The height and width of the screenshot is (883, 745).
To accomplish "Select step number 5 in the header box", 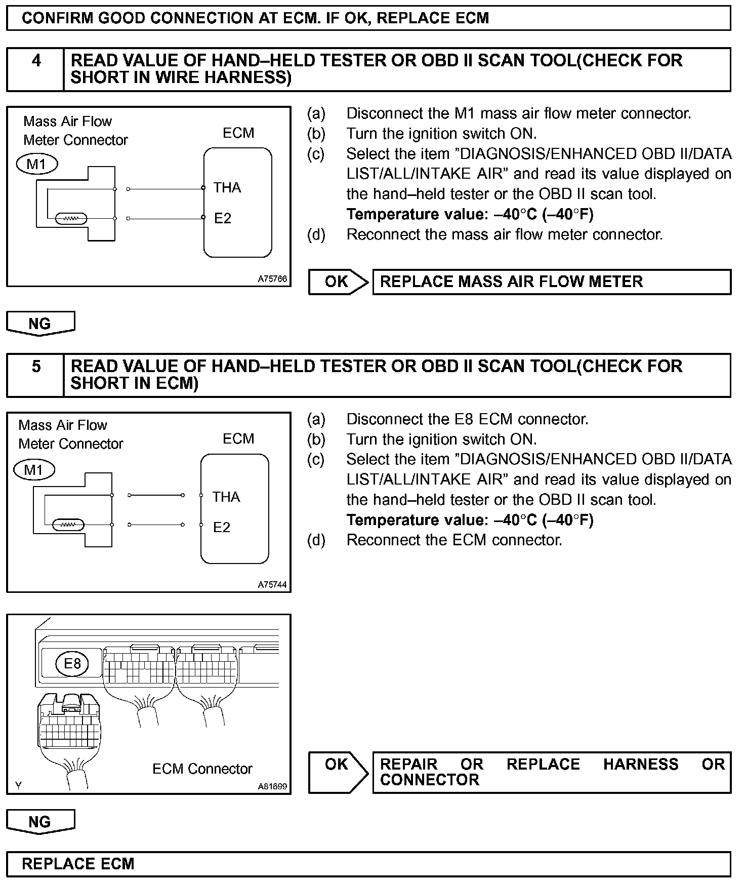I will (x=36, y=367).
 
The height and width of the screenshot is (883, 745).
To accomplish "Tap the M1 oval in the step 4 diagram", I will (x=37, y=164).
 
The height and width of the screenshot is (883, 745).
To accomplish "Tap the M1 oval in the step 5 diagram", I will (x=33, y=470).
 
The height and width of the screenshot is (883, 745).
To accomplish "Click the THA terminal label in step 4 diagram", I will (x=227, y=188).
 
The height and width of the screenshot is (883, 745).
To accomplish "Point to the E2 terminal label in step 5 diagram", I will (x=222, y=528).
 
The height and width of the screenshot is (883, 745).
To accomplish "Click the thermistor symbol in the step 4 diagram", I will (x=71, y=219).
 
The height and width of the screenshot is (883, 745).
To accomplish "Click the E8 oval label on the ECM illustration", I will (x=72, y=663).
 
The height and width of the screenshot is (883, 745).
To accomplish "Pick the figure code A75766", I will (x=272, y=279).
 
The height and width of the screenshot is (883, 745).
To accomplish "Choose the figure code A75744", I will (x=272, y=585).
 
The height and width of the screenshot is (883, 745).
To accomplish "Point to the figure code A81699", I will (x=272, y=786).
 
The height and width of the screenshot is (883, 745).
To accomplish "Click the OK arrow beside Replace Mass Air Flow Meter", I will (x=338, y=282).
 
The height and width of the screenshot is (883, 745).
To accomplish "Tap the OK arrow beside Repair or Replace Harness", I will (x=338, y=764).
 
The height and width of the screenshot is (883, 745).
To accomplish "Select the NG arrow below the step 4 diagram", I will (x=40, y=324).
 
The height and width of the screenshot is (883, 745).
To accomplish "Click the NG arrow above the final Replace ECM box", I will (x=40, y=822).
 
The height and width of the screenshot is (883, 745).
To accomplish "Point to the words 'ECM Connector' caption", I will (x=202, y=769).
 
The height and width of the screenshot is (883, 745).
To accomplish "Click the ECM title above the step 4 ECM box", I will (x=238, y=133).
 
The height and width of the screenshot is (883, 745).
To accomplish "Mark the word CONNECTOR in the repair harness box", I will (x=429, y=780).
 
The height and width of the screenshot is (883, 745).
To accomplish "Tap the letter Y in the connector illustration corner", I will (x=18, y=786).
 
